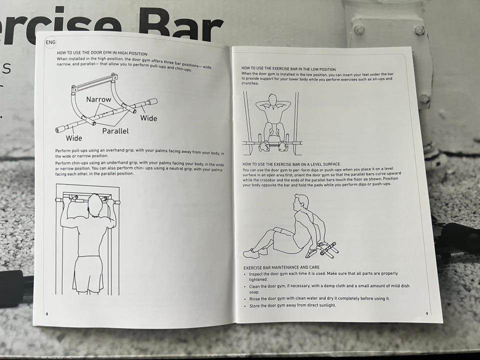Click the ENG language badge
(x=50, y=42)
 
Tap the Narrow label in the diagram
(x=98, y=99)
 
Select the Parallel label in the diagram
(x=115, y=131)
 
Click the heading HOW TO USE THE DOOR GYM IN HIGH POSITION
(x=102, y=53)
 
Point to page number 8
(x=47, y=314)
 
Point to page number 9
(x=427, y=313)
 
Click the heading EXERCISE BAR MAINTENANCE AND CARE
(x=281, y=267)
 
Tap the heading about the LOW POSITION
(x=288, y=69)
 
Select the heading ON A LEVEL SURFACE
(x=291, y=164)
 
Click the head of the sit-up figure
(x=272, y=100)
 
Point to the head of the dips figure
(x=300, y=202)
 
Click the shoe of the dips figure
(x=251, y=253)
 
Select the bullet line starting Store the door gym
(x=292, y=305)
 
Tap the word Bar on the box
(x=180, y=24)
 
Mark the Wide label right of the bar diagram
(x=149, y=118)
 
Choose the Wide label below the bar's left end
(x=74, y=138)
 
